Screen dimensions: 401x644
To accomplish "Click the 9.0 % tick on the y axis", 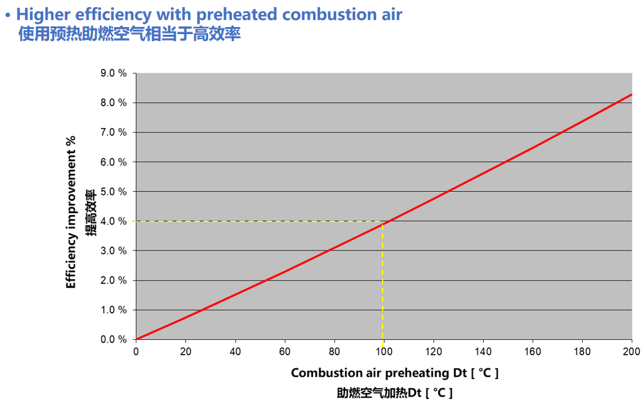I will tap(113, 73).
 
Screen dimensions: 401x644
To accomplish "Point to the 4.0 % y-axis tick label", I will tap(113, 221).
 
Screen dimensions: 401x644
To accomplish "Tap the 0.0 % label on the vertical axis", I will tap(113, 339).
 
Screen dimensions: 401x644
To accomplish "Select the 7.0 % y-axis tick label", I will tap(113, 133).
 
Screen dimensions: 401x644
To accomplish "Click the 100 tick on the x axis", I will tap(383, 351).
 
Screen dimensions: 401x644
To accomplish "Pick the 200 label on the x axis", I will tap(631, 351).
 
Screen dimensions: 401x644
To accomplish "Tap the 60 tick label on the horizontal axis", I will tap(285, 351).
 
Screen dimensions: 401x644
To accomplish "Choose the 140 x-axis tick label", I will tap(482, 351).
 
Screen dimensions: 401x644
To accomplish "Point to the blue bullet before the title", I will tap(7, 14).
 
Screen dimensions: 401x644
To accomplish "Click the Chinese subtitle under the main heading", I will tap(129, 34).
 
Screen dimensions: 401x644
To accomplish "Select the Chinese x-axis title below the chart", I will tap(395, 392).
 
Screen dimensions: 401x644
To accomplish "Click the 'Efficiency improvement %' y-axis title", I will tap(71, 212).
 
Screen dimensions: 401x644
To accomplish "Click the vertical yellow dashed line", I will tap(383, 283).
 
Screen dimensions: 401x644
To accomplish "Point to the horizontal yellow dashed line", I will tap(258, 221).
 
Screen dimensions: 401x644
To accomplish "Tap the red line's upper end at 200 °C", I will tap(631, 95).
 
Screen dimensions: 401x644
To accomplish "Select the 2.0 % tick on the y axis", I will tap(113, 281).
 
